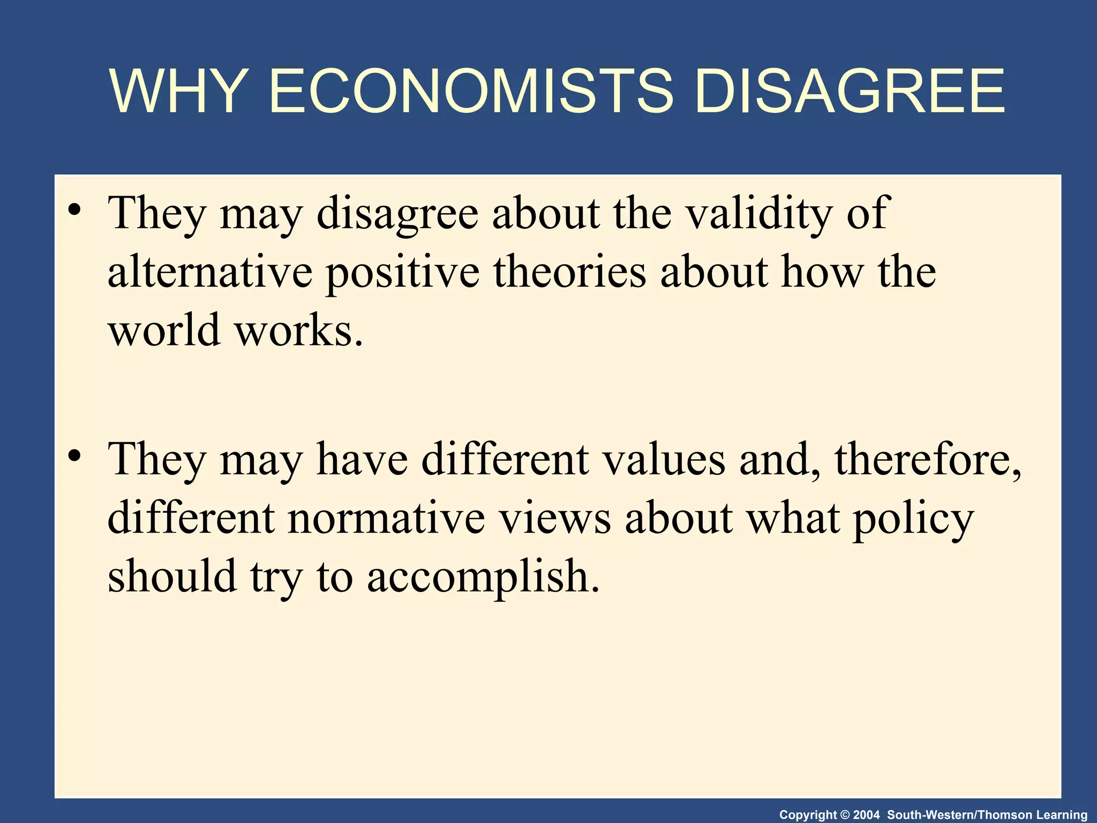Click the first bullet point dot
(74, 209)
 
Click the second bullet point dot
(74, 455)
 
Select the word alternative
(210, 272)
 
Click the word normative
(386, 519)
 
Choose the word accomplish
(483, 578)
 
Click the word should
(172, 577)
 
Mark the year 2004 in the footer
(866, 815)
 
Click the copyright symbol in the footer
(846, 815)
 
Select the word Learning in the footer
(1063, 815)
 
